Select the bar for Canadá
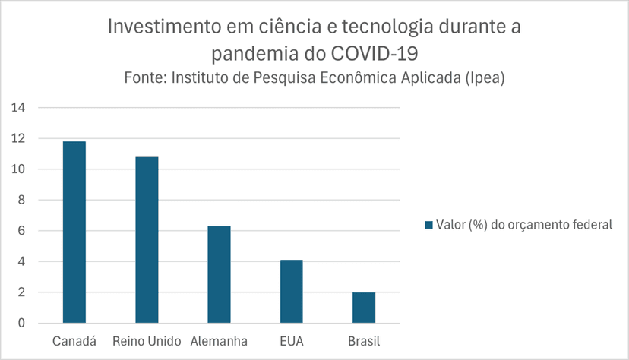click(74, 232)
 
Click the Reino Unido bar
click(147, 240)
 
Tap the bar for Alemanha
click(219, 275)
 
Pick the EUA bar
click(292, 292)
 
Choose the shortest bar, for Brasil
click(364, 308)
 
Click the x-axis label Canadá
click(74, 341)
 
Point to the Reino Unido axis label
click(147, 341)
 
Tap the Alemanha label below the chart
click(219, 341)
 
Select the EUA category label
click(292, 341)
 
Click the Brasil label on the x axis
click(364, 341)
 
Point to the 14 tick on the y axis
click(18, 107)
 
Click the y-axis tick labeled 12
click(18, 138)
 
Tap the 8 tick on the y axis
click(22, 200)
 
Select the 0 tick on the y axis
click(22, 323)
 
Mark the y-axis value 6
click(22, 231)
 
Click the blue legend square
click(428, 225)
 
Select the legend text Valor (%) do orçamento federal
click(524, 225)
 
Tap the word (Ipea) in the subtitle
click(485, 77)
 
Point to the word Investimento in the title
click(165, 27)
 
